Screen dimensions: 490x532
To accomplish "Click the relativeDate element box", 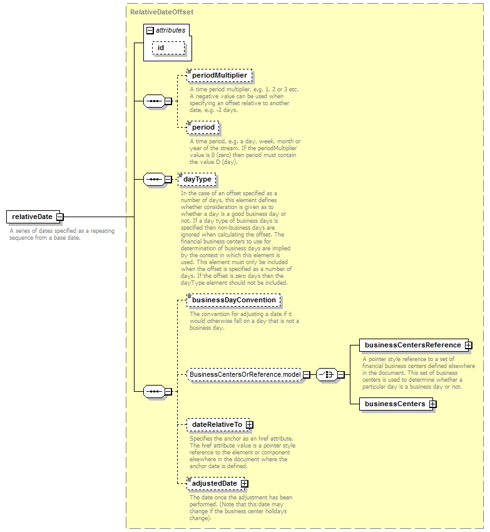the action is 33,217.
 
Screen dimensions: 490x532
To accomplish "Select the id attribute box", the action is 168,48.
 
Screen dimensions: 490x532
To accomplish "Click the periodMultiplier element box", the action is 219,75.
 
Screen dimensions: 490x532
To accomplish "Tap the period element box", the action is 203,127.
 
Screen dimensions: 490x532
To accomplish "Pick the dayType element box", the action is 197,179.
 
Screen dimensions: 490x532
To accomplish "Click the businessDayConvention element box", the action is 233,300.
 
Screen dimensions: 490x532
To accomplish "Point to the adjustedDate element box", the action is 216,483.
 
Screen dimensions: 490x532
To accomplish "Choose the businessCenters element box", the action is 396,404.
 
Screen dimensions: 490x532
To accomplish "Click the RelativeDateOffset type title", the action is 161,12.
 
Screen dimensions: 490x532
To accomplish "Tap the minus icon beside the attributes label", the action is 150,31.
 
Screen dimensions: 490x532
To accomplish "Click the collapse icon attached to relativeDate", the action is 59,217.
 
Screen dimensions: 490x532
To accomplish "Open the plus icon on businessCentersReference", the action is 468,345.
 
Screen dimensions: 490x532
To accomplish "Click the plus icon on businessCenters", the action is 432,404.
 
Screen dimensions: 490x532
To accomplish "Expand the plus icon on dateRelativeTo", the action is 250,424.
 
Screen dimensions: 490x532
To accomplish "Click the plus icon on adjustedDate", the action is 244,483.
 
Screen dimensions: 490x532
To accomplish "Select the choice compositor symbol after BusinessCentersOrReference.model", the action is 327,374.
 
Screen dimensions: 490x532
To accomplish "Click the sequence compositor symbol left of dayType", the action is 154,179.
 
